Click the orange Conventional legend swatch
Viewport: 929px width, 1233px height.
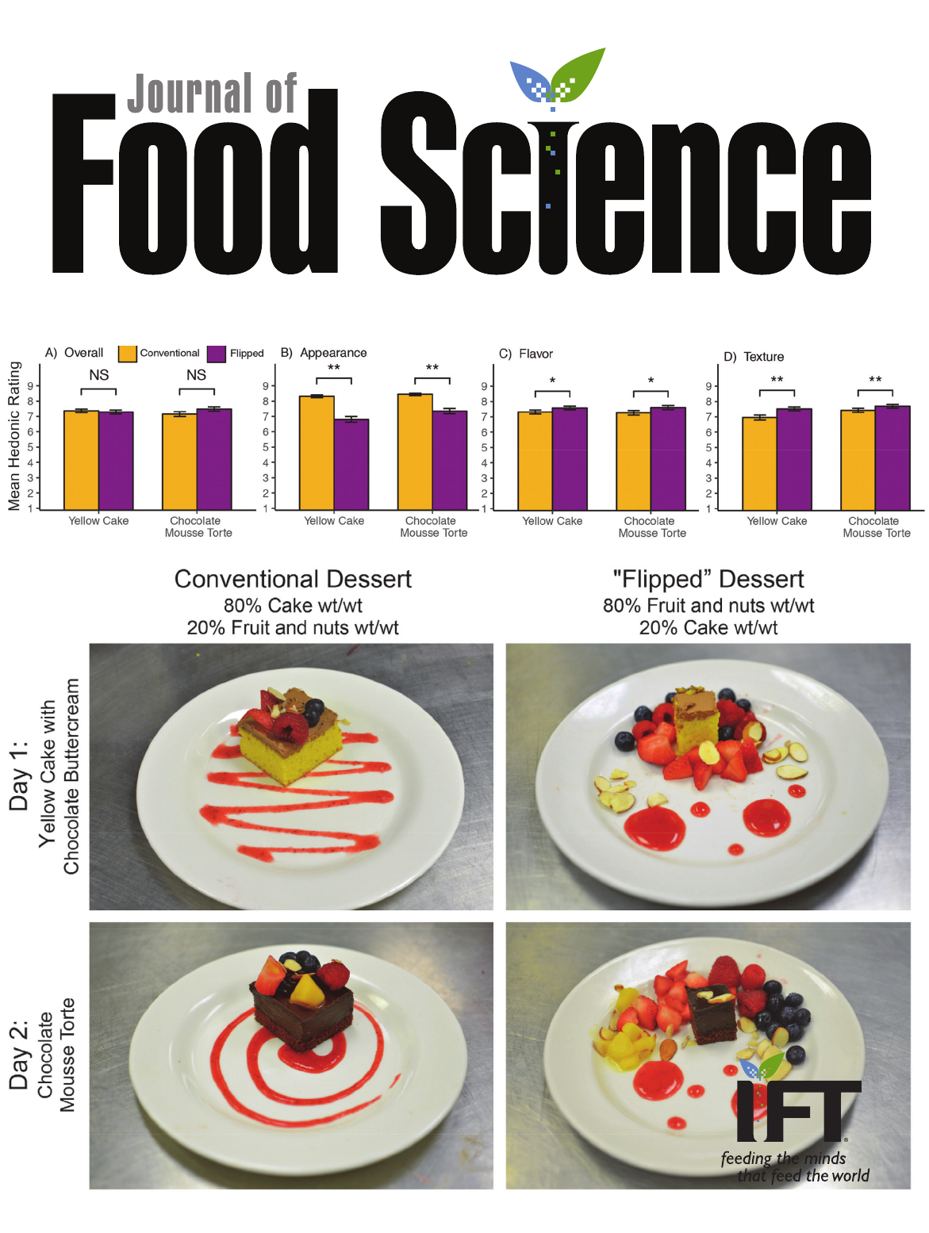coord(127,354)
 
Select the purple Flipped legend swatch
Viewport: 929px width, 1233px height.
coord(217,354)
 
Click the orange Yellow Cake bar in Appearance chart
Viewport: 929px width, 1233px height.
coord(317,453)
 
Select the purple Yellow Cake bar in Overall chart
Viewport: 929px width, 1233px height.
coord(116,461)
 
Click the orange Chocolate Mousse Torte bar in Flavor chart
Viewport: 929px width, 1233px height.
coord(633,461)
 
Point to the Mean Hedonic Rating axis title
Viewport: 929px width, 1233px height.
coord(14,435)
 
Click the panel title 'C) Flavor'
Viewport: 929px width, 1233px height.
coord(526,354)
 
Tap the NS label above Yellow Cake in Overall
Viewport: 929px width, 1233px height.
coord(98,375)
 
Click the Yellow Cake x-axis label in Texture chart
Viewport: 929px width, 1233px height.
coord(777,521)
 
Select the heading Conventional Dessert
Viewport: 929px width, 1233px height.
coord(293,579)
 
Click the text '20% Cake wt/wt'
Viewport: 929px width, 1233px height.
coord(708,628)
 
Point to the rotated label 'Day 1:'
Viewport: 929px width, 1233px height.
coord(19,776)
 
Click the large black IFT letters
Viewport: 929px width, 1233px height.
coord(797,1110)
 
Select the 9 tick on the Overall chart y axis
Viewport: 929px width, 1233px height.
coord(31,386)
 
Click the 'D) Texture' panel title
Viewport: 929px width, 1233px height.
coord(754,357)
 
